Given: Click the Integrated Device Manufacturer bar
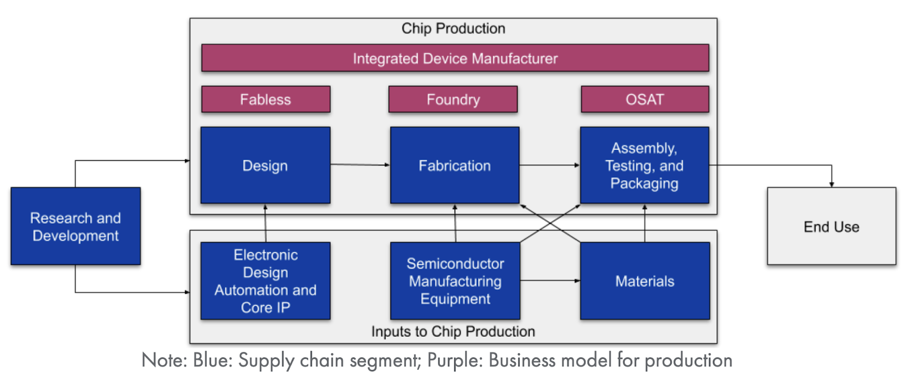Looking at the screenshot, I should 455,58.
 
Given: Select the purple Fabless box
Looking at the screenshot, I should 266,99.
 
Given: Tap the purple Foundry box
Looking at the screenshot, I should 453,99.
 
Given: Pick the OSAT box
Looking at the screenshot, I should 645,99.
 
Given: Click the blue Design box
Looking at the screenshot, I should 265,165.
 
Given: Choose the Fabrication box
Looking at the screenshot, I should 455,165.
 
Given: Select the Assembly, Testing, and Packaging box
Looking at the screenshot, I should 644,165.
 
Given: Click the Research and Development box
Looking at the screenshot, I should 75,226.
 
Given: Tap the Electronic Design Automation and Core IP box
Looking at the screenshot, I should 265,281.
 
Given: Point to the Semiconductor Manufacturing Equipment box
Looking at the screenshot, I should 455,281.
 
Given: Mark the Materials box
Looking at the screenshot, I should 645,281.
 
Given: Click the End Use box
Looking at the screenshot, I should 831,226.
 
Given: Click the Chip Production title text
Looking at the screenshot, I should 453,28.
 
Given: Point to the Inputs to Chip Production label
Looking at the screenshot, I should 453,331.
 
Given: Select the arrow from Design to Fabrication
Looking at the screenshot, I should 360,165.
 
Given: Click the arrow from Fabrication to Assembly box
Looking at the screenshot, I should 549,165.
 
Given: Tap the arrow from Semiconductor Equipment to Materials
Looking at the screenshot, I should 550,281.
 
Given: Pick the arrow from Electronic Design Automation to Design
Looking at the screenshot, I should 265,223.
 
